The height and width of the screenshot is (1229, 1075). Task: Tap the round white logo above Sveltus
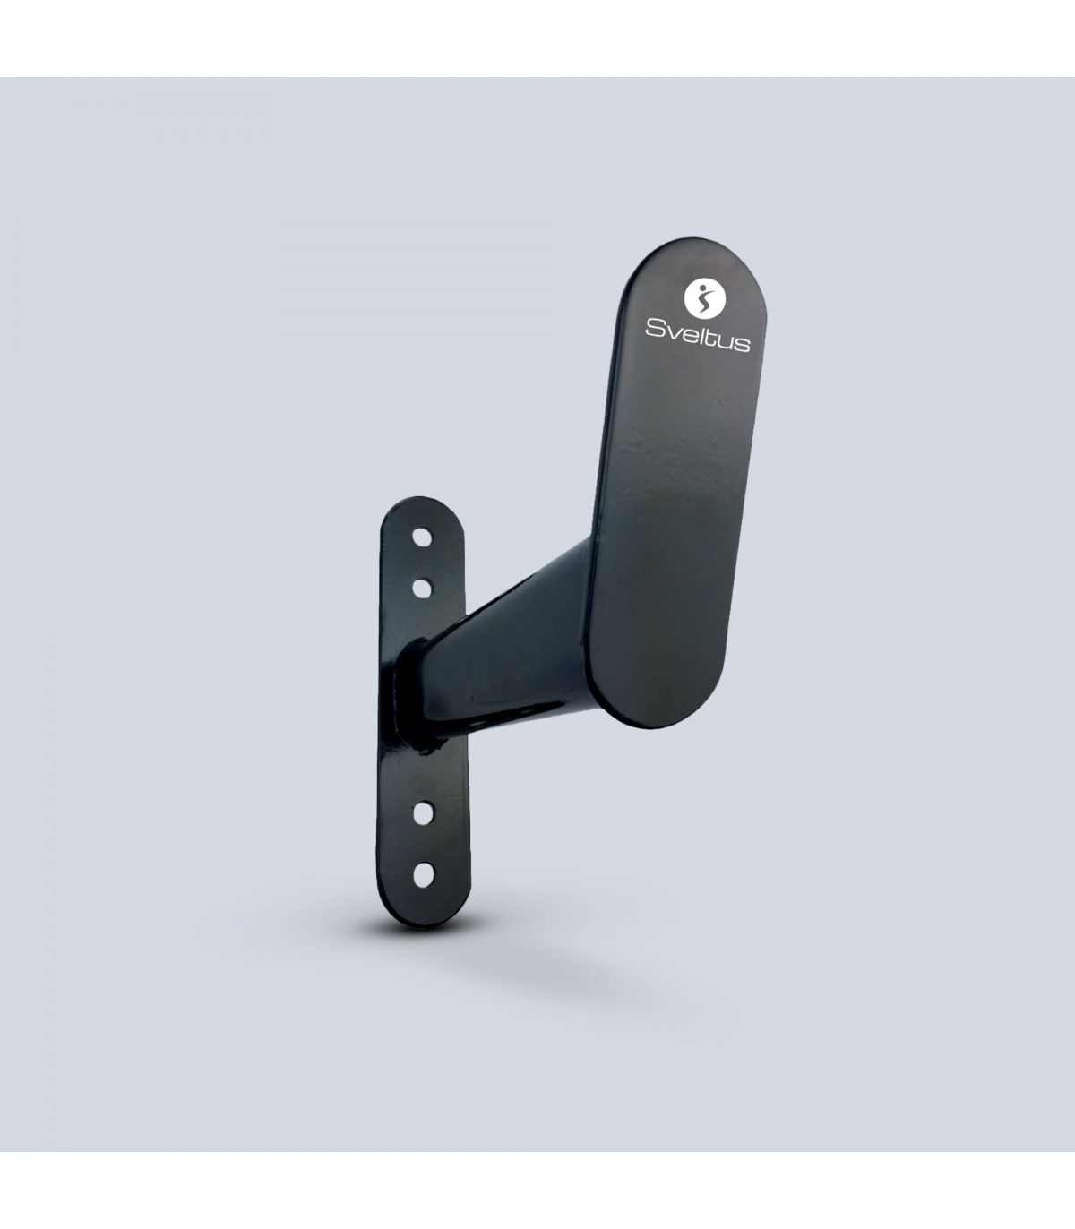click(704, 298)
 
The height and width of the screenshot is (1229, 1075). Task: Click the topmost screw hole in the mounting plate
click(423, 537)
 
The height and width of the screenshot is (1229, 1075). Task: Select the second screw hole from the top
click(423, 589)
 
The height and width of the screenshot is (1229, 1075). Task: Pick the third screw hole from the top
click(423, 812)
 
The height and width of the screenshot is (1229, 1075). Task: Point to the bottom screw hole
click(424, 874)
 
